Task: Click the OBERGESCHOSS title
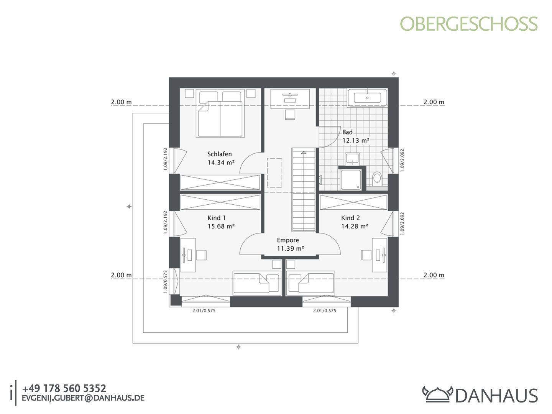point(469,24)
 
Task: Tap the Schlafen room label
point(219,154)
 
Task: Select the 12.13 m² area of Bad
point(356,140)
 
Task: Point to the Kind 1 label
point(216,218)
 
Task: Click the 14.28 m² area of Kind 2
point(355,226)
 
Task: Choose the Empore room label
point(288,240)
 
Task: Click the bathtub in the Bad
point(367,97)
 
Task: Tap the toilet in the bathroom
point(377,178)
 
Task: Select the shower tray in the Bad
point(351,179)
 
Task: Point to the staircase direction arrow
point(304,152)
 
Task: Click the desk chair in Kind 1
point(201,255)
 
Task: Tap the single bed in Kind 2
point(310,283)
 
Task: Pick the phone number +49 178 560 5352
point(64,388)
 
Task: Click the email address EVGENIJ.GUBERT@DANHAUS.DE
point(83,398)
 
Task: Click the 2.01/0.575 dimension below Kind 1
point(204,310)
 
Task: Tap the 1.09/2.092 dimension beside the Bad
point(402,160)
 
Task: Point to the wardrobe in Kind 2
point(353,202)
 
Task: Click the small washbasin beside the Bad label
point(352,159)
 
